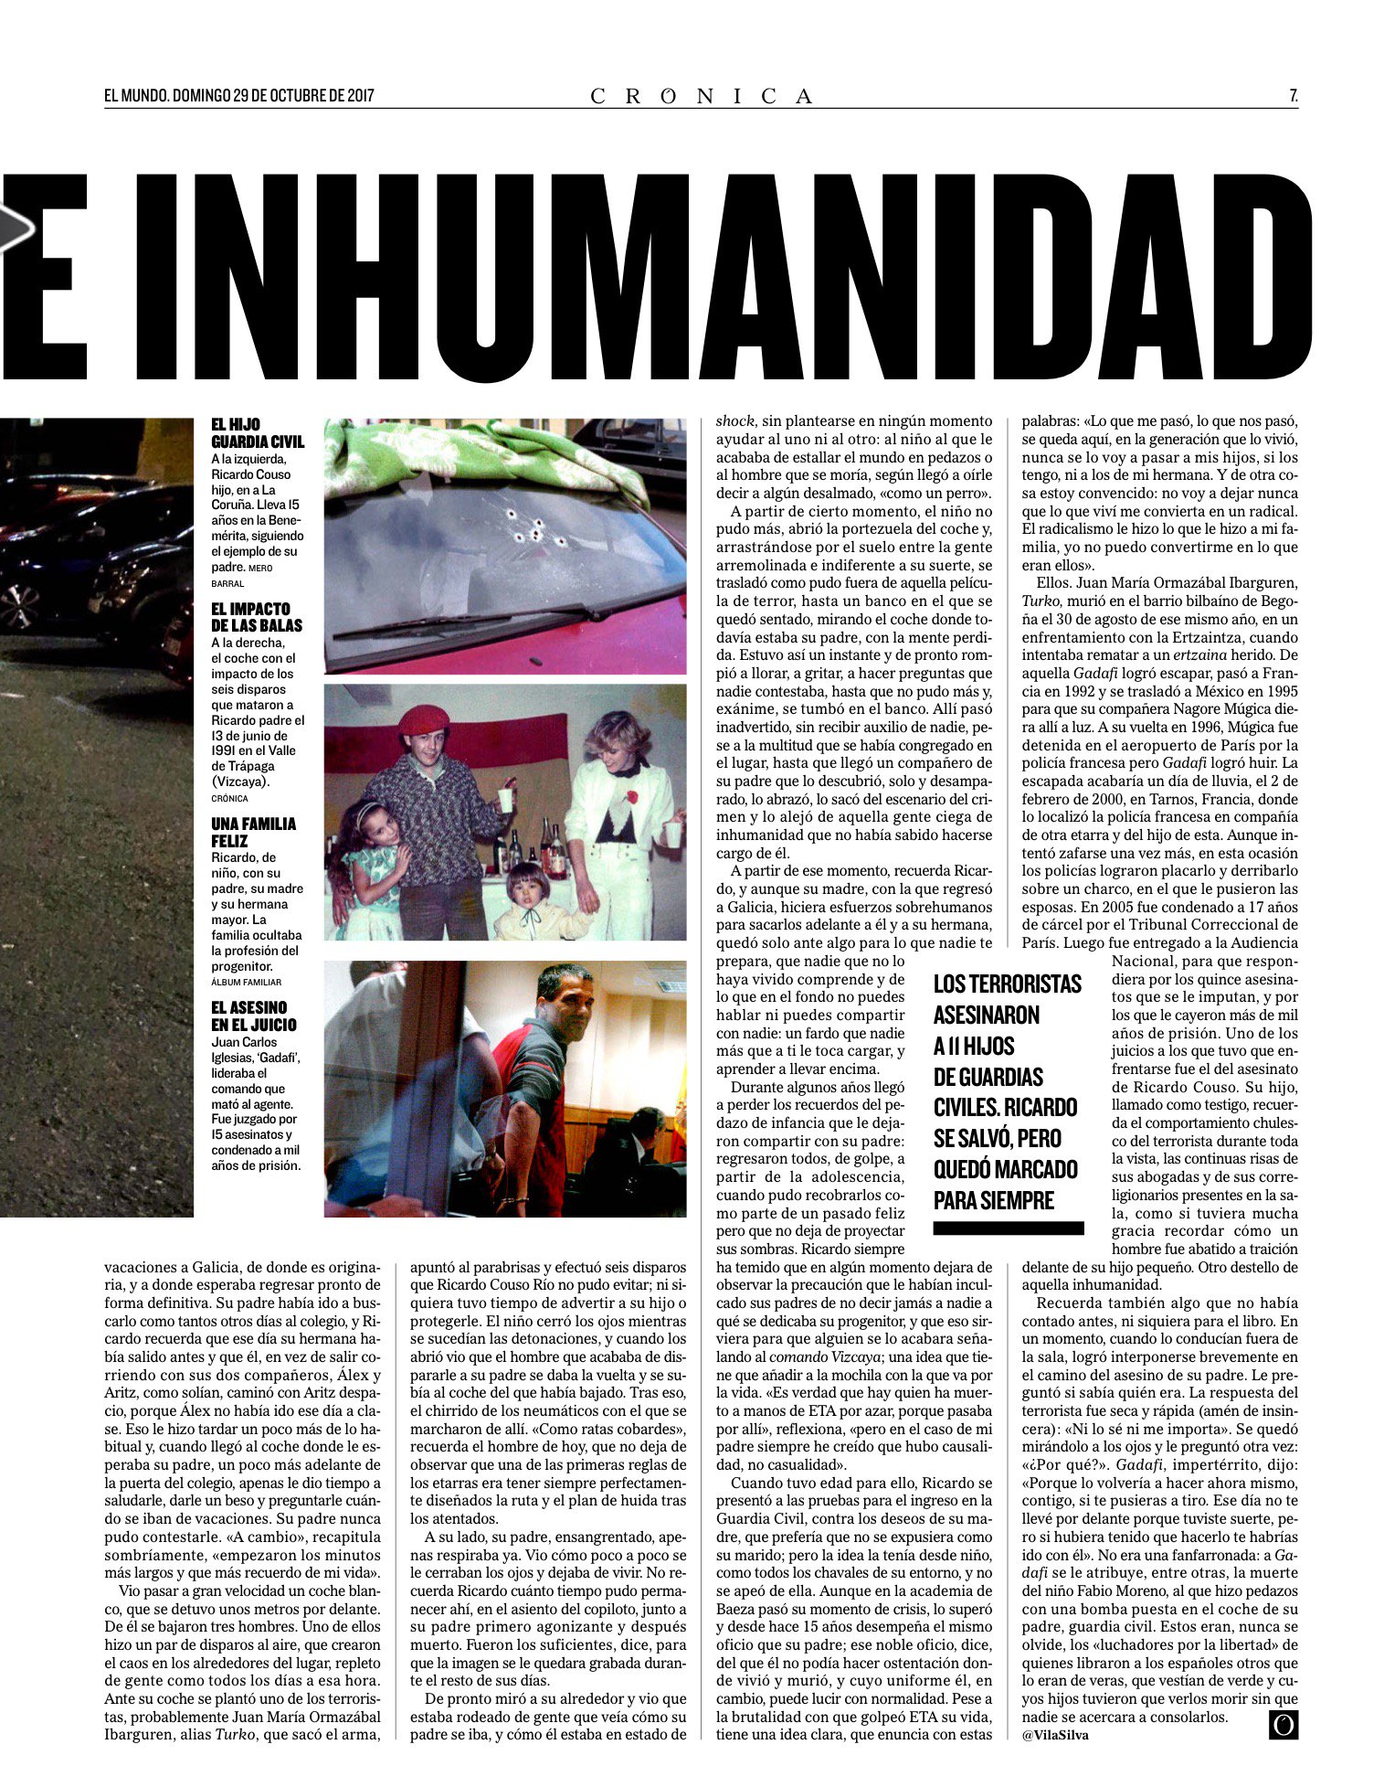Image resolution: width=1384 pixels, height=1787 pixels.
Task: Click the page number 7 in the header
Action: pyautogui.click(x=1293, y=95)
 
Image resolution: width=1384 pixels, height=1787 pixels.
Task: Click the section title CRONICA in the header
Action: pyautogui.click(x=701, y=96)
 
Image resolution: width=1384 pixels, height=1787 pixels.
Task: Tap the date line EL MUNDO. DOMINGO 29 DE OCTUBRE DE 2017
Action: pyautogui.click(x=239, y=95)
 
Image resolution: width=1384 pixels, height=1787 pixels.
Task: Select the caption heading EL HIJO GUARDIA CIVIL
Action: pyautogui.click(x=257, y=433)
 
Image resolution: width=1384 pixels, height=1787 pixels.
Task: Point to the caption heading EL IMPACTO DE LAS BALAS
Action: pyautogui.click(x=256, y=617)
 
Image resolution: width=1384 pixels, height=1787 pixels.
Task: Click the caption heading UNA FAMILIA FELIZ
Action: pyautogui.click(x=253, y=832)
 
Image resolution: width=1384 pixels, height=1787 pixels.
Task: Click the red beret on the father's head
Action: pyautogui.click(x=424, y=719)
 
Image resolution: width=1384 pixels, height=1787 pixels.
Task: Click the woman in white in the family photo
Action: pyautogui.click(x=622, y=804)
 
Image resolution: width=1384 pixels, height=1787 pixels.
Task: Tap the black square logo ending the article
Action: pyautogui.click(x=1283, y=1724)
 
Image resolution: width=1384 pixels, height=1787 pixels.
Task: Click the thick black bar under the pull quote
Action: pyautogui.click(x=1008, y=1229)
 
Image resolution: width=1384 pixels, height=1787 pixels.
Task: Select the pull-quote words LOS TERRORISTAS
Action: pyautogui.click(x=1007, y=984)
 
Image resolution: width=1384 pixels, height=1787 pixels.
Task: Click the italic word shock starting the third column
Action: pyautogui.click(x=734, y=421)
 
